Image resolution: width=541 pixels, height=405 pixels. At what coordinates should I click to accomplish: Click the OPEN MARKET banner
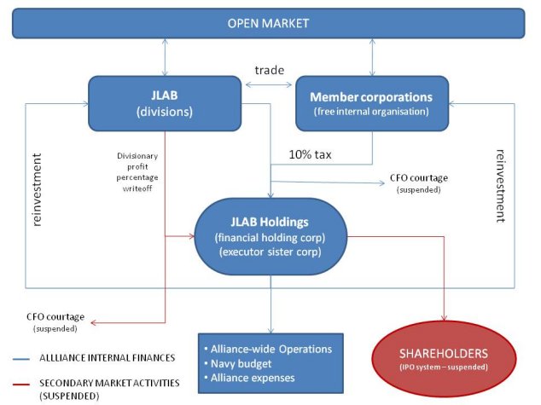pyautogui.click(x=269, y=22)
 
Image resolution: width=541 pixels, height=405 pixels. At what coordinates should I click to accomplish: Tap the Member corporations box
pyautogui.click(x=371, y=104)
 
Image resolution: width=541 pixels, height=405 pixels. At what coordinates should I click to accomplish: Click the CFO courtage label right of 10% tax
pyautogui.click(x=418, y=182)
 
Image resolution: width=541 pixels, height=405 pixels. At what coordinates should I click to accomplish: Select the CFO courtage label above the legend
pyautogui.click(x=54, y=321)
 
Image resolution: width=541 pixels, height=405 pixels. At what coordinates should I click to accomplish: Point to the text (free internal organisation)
pyautogui.click(x=371, y=112)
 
